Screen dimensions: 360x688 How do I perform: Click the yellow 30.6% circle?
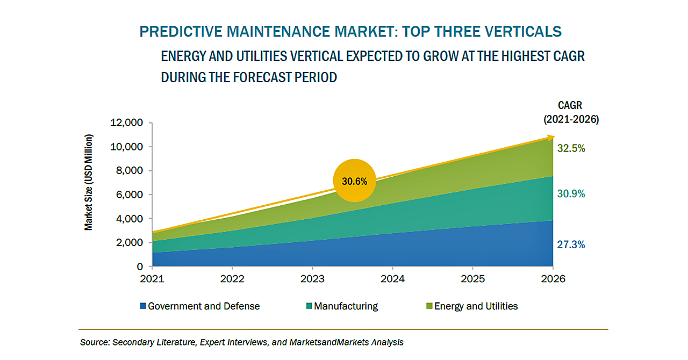click(x=354, y=181)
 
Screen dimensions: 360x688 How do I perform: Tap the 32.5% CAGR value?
click(x=571, y=148)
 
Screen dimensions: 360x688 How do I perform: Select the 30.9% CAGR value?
click(x=571, y=193)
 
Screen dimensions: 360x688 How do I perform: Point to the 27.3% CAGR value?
click(x=571, y=244)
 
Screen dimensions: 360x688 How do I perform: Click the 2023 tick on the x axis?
click(x=312, y=279)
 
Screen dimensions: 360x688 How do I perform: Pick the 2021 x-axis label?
click(x=153, y=279)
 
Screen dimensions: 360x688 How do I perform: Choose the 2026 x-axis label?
click(x=553, y=279)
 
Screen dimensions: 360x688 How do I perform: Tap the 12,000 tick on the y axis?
click(x=126, y=123)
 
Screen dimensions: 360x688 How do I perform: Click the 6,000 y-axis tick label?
click(x=129, y=195)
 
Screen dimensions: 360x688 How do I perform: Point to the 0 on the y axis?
click(x=140, y=267)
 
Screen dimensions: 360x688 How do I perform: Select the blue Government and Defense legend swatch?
click(x=143, y=306)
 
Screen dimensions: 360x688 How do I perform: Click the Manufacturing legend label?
click(x=346, y=306)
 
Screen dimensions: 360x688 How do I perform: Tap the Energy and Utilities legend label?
click(x=476, y=306)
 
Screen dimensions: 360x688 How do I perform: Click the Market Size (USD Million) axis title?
click(x=89, y=183)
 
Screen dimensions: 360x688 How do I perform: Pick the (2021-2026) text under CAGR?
click(x=571, y=119)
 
